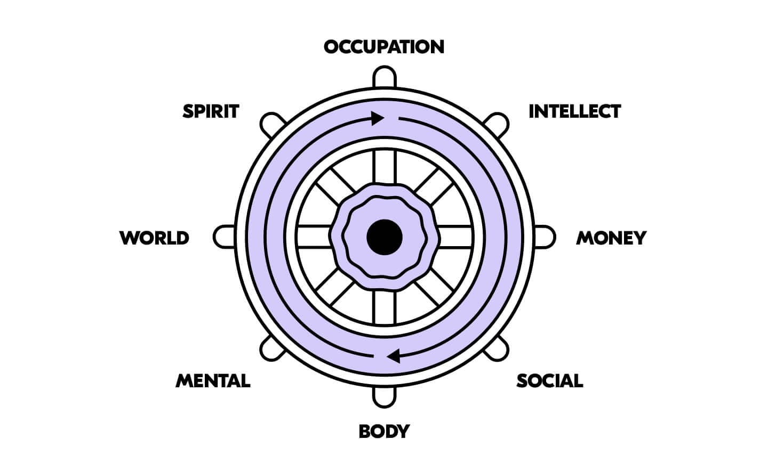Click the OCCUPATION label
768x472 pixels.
pos(384,47)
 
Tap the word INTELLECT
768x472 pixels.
pos(574,111)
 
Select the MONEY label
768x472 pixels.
pos(611,238)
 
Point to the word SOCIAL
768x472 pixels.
pos(549,381)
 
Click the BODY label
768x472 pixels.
pos(384,430)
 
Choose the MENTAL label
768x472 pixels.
pos(213,381)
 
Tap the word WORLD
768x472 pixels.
pos(155,238)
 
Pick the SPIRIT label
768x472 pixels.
pos(211,111)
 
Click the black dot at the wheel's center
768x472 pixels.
pos(384,237)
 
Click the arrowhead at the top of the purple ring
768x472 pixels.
pos(378,117)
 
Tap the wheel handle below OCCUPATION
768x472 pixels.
pos(384,76)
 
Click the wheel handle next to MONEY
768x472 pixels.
pos(544,237)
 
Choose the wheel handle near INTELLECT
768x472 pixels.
pos(497,124)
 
